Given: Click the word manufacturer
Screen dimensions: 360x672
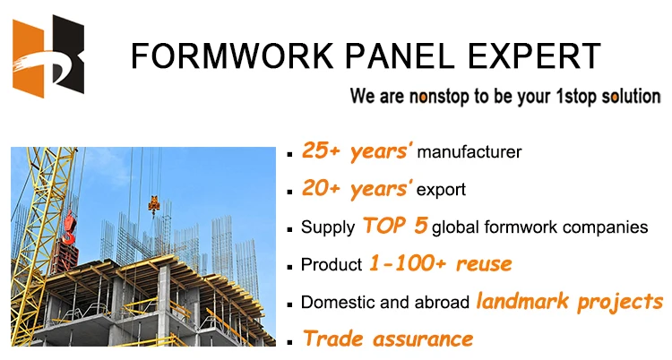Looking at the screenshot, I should pos(470,153).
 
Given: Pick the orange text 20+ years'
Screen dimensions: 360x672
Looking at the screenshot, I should pos(357,189).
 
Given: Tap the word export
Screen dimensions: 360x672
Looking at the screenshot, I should pos(442,191).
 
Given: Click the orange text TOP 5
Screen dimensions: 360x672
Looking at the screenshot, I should pos(395,226).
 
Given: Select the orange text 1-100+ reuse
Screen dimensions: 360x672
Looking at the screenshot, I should pos(440,264).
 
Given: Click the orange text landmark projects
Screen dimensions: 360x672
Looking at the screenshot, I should pos(569,302).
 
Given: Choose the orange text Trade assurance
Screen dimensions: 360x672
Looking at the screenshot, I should pos(387,339).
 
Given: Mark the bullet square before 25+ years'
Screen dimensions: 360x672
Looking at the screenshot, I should pos(292,155).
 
